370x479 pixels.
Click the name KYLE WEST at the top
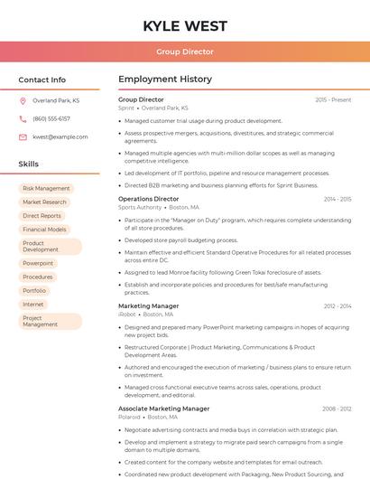184,25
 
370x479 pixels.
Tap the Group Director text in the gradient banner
184,52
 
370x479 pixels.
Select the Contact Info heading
42,80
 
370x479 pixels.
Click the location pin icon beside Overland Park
23,100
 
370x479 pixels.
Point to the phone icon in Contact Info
23,118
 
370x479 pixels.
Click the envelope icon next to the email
23,136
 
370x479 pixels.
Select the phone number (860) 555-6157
51,118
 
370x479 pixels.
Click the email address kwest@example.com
60,136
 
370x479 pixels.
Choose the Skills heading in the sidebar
29,164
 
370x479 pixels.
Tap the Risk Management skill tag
46,189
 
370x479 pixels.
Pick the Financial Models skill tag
44,230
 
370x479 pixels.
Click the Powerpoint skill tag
38,263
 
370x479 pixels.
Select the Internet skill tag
33,304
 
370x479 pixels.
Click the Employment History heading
165,80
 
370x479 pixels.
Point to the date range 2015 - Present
333,99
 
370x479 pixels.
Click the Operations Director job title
149,199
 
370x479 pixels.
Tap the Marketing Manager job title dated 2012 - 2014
149,306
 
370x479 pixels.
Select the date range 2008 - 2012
337,409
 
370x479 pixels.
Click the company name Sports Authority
140,207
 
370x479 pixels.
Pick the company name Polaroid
129,417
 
